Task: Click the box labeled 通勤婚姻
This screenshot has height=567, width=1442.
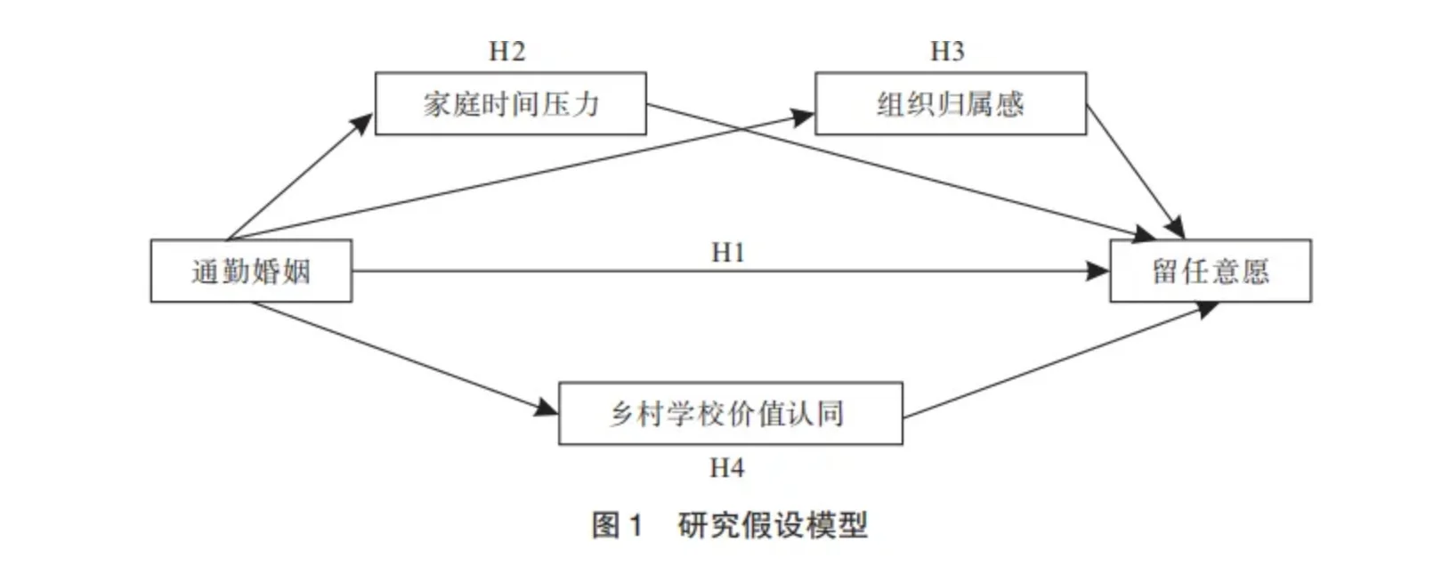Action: [251, 271]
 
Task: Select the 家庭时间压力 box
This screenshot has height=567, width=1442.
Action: [510, 104]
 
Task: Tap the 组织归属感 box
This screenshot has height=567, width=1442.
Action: [951, 104]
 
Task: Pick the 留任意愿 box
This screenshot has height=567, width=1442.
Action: [1210, 271]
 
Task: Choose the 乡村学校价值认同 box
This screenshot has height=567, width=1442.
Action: [730, 413]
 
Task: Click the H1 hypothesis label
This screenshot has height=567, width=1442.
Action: [727, 253]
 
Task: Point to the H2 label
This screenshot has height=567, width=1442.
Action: [507, 52]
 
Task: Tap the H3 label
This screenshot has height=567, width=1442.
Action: [947, 52]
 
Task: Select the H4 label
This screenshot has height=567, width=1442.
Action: [726, 467]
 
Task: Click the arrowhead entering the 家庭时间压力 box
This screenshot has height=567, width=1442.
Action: [363, 123]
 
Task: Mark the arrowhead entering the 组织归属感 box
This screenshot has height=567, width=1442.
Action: [804, 115]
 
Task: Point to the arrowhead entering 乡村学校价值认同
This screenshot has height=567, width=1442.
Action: [547, 409]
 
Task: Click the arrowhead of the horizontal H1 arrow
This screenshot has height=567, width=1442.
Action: [1099, 271]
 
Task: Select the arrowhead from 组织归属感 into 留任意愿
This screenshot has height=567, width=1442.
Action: [1176, 229]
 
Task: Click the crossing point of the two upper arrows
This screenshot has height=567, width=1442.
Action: [743, 130]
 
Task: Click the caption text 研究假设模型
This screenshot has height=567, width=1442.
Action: [772, 524]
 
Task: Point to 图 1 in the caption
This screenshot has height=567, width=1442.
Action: [617, 524]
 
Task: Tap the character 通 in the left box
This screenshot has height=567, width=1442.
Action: [205, 271]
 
